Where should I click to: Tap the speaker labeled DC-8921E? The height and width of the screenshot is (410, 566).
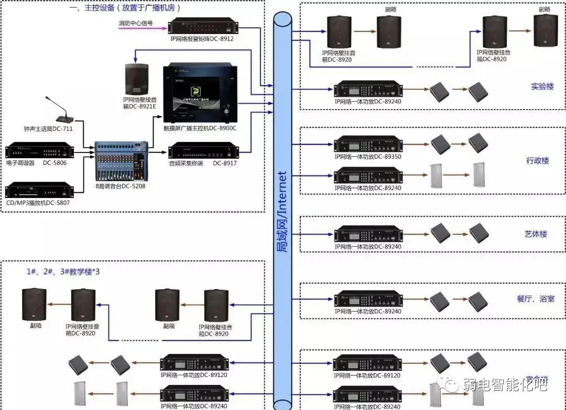[137, 79]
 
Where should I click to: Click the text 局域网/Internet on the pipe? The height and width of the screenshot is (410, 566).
[283, 212]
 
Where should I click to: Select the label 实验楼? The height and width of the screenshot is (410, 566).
[542, 86]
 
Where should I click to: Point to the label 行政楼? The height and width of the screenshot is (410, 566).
[537, 160]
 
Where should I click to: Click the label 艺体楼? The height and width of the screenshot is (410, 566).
[536, 234]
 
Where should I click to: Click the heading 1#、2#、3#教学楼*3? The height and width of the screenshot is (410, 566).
[63, 271]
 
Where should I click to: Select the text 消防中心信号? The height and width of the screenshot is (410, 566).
[136, 23]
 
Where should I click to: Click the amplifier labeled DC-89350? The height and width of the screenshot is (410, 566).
[368, 144]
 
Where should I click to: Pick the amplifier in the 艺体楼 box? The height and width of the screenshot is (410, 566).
[368, 235]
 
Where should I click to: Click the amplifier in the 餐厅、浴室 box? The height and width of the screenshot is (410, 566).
[368, 299]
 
